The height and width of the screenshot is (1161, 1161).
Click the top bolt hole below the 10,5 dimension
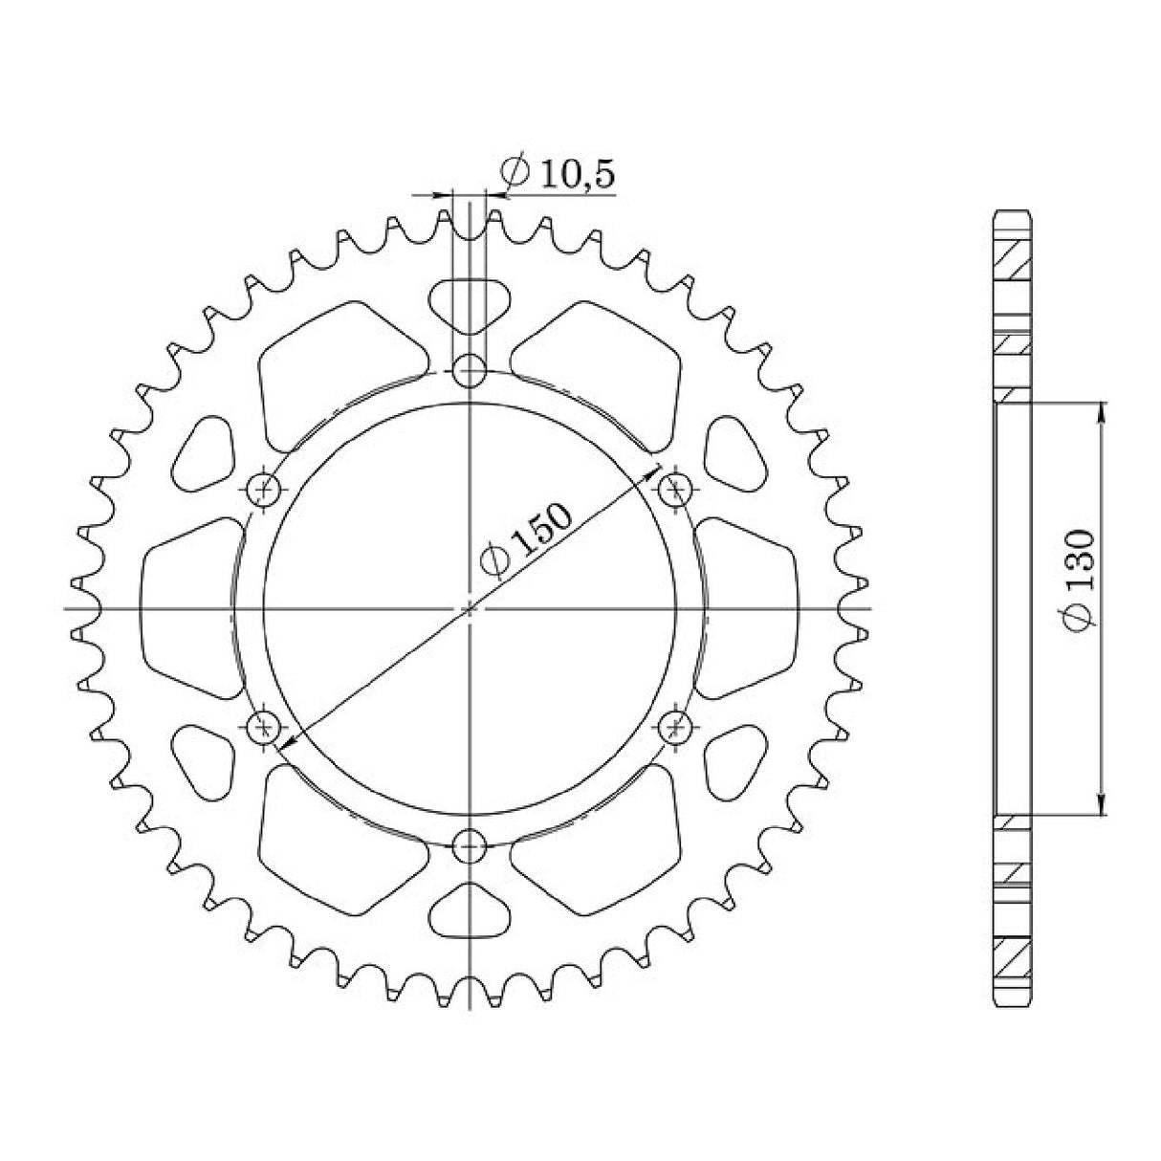[469, 369]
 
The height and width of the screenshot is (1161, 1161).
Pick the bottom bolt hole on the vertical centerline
[469, 845]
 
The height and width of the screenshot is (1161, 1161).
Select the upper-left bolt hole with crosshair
[263, 489]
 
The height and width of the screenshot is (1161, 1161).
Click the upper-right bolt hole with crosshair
[675, 489]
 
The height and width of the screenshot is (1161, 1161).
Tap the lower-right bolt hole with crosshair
[675, 727]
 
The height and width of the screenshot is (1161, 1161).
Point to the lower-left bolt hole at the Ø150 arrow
[263, 727]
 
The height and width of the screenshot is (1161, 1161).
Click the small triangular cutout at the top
[469, 303]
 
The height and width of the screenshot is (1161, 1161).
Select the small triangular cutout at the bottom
[469, 911]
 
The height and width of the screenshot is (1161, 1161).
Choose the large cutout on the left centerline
[189, 608]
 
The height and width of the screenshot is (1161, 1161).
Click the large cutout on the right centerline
[748, 608]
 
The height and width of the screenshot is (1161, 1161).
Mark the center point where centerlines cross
[469, 608]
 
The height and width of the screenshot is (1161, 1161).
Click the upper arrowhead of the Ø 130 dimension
[1103, 410]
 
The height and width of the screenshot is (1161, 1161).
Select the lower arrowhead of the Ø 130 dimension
[1103, 806]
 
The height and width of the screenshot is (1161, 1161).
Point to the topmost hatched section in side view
[1013, 255]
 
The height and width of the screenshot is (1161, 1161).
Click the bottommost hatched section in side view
[1013, 957]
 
